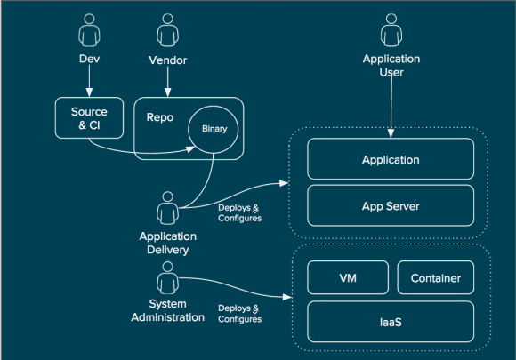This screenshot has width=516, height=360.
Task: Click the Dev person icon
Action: [87, 35]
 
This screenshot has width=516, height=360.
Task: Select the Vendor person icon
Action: [165, 35]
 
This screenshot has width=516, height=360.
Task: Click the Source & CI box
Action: [88, 118]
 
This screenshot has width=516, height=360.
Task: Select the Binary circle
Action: [214, 130]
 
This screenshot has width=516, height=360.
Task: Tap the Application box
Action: [391, 160]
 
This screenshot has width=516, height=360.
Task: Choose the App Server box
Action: [391, 206]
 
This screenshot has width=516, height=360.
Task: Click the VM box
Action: [347, 278]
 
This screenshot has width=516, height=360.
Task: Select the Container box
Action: [436, 278]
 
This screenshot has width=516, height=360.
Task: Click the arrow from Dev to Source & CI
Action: [87, 81]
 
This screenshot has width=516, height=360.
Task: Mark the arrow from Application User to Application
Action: [391, 108]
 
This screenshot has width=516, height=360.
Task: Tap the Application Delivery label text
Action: [167, 243]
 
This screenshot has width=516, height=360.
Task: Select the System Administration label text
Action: [167, 311]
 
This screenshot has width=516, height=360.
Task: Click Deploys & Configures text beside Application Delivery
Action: [239, 213]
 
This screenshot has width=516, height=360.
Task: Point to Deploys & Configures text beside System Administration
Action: [239, 313]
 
